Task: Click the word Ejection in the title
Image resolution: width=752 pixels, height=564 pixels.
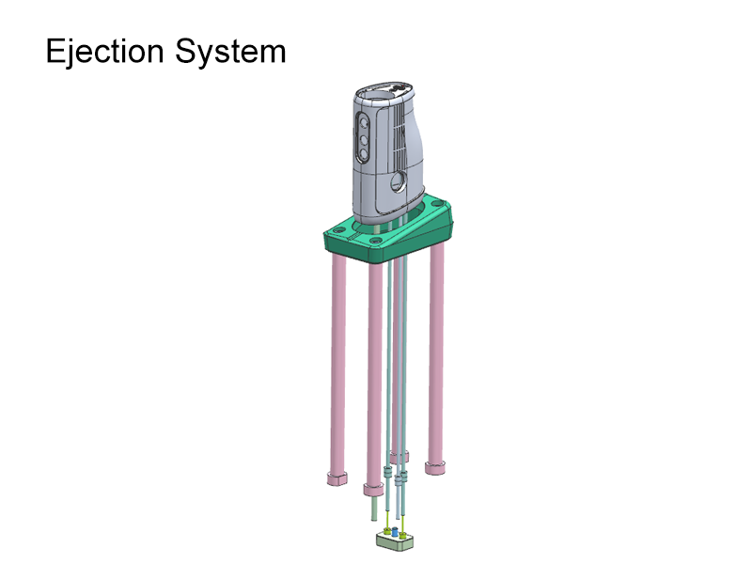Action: (x=103, y=51)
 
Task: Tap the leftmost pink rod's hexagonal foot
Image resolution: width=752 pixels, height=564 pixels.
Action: (x=336, y=478)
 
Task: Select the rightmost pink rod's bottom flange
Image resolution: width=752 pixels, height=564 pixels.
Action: (x=435, y=466)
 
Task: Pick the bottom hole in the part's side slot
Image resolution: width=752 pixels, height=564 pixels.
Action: (x=363, y=160)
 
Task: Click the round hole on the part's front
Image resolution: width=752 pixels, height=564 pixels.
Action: (x=398, y=183)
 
